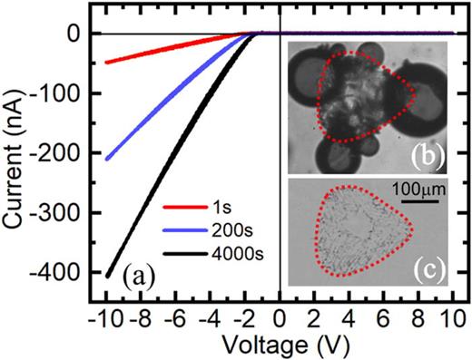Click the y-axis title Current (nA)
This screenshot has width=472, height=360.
click(15, 152)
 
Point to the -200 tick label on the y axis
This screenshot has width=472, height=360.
click(59, 153)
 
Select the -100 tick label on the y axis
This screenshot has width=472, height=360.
click(59, 93)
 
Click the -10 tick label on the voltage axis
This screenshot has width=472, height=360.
click(103, 319)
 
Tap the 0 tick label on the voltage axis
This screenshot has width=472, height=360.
click(279, 319)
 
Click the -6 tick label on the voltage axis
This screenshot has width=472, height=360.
click(173, 319)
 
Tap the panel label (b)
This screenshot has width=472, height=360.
click(423, 155)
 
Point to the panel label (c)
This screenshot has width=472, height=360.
click(423, 270)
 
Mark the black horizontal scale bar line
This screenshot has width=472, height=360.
click(415, 203)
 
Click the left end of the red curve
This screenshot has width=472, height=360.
click(107, 63)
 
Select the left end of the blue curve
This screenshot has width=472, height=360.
click(107, 160)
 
